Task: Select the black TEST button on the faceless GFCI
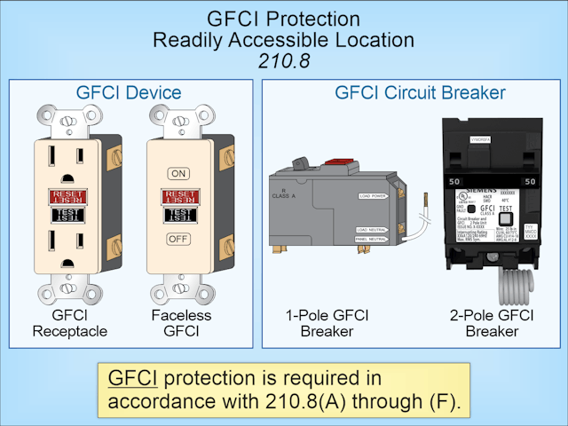coord(179,214)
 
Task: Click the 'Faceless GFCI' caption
coord(178,323)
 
